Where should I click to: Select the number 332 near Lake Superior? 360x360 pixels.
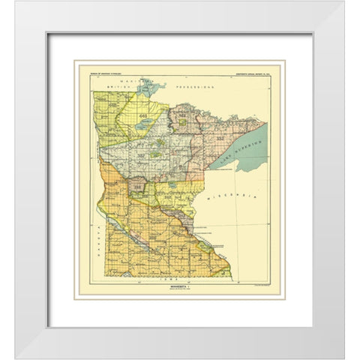(x=211, y=139)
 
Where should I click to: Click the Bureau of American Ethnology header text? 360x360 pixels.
(x=101, y=74)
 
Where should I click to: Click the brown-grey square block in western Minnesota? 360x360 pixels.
(x=139, y=186)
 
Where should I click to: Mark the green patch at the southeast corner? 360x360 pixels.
(x=223, y=268)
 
